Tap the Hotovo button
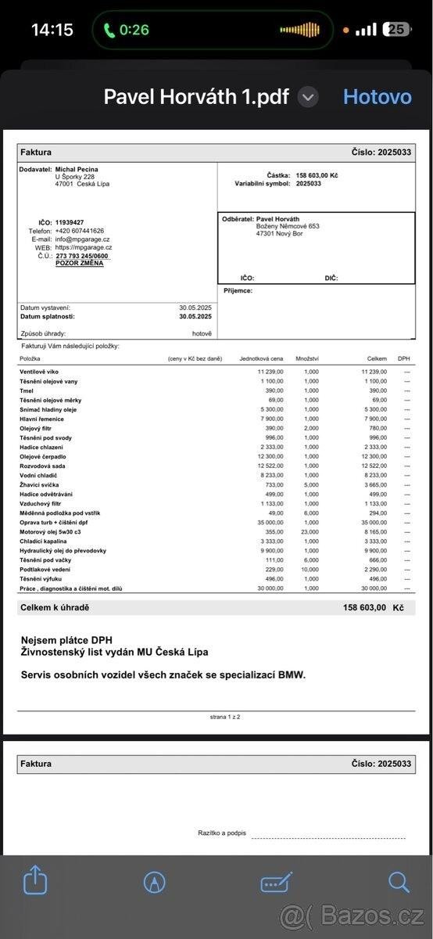pyautogui.click(x=377, y=97)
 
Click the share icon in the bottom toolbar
pyautogui.click(x=35, y=882)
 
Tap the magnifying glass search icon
pyautogui.click(x=399, y=882)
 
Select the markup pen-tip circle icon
pyautogui.click(x=155, y=882)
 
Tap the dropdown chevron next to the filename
pyautogui.click(x=309, y=97)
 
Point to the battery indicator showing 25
pyautogui.click(x=397, y=30)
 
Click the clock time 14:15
pyautogui.click(x=52, y=30)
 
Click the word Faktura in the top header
pyautogui.click(x=36, y=152)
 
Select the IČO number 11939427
pyautogui.click(x=70, y=222)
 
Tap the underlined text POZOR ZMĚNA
pyautogui.click(x=79, y=264)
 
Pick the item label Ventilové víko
pyautogui.click(x=39, y=372)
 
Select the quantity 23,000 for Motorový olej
pyautogui.click(x=310, y=531)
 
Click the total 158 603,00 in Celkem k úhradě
pyautogui.click(x=364, y=607)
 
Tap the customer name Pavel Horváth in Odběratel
pyautogui.click(x=278, y=219)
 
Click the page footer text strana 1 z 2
pyautogui.click(x=225, y=716)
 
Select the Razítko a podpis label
pyautogui.click(x=222, y=833)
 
